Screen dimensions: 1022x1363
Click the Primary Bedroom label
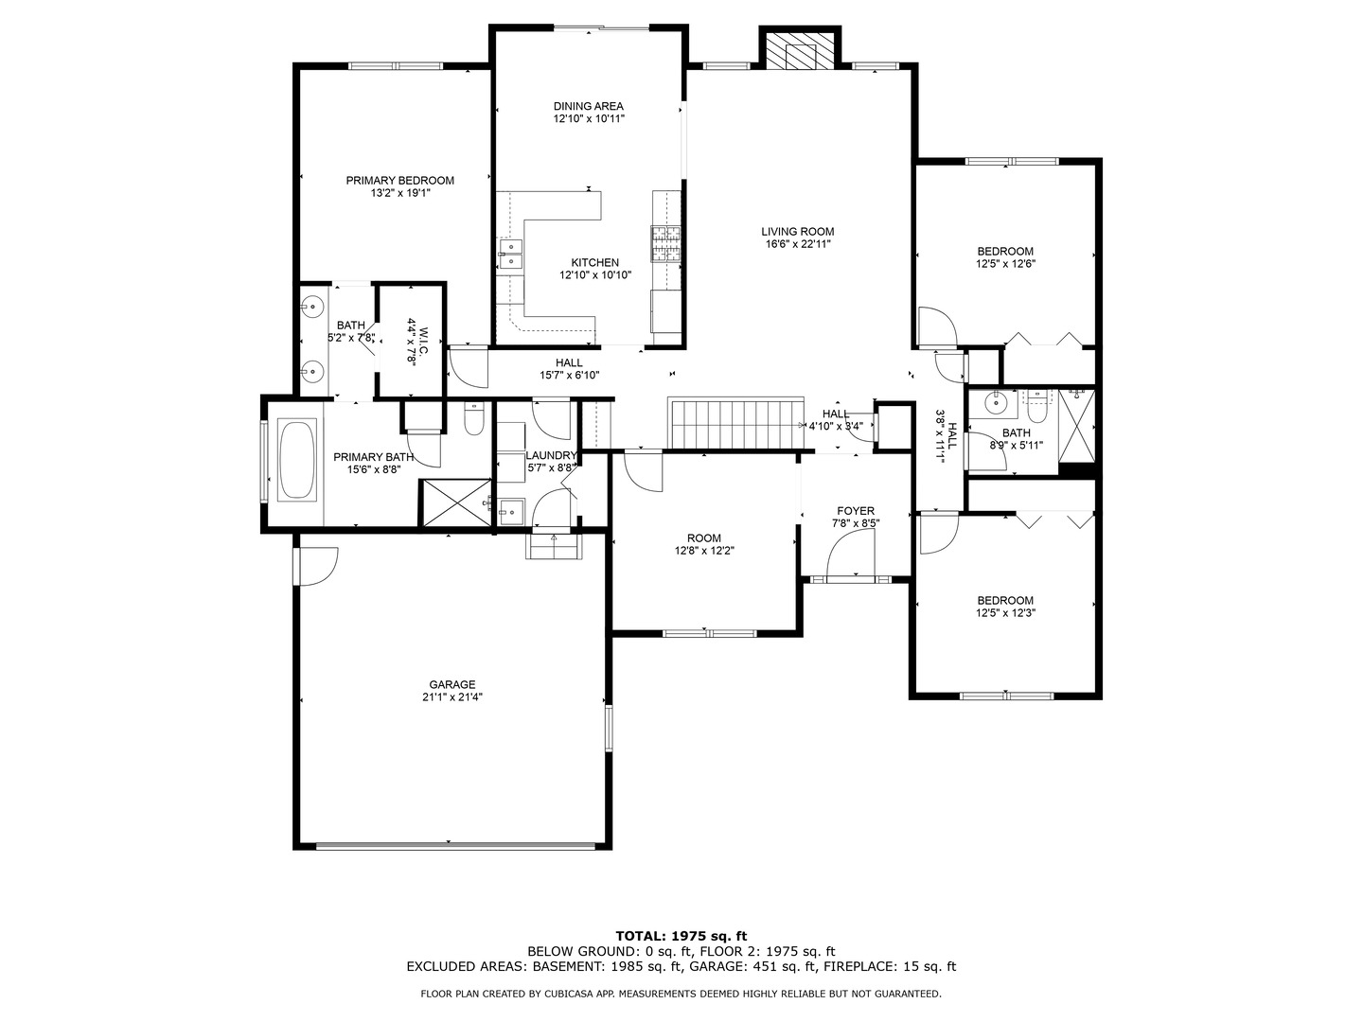point(399,181)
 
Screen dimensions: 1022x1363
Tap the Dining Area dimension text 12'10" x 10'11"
point(589,119)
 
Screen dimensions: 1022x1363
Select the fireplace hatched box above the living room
point(800,53)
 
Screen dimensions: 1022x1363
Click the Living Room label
point(798,231)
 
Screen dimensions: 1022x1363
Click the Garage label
point(451,684)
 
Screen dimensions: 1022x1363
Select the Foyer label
point(856,511)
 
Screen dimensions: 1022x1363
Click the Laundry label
point(551,455)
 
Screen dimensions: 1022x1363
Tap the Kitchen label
point(595,263)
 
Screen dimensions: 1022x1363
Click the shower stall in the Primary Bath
point(455,502)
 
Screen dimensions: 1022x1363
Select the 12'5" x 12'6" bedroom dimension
point(1005,265)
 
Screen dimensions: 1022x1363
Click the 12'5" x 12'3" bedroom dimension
point(1005,613)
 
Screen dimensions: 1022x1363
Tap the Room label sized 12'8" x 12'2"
point(704,537)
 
